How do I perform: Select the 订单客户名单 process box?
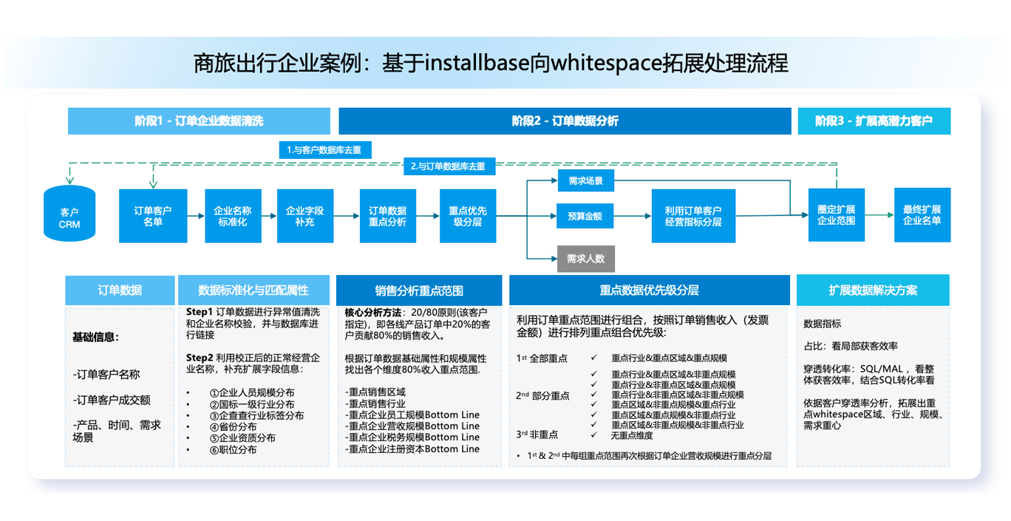[153, 216]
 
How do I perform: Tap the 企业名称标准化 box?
[232, 216]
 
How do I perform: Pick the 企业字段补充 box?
[304, 216]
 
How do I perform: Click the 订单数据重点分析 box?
[387, 216]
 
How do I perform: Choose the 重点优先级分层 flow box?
[468, 216]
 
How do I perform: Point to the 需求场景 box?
[585, 180]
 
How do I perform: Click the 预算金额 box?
[585, 217]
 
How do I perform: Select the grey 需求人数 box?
[585, 259]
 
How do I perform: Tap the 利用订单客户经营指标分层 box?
[693, 216]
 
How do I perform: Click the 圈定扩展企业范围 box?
[837, 215]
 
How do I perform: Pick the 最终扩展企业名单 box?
[922, 215]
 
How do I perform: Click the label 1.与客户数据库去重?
[324, 150]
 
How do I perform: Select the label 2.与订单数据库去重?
[449, 166]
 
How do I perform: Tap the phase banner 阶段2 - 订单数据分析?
[565, 121]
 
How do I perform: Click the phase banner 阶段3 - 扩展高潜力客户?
[874, 121]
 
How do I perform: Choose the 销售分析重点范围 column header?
[419, 290]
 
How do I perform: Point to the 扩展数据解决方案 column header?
[873, 290]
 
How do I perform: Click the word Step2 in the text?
[200, 358]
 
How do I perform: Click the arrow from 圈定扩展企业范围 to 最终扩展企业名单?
[879, 215]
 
